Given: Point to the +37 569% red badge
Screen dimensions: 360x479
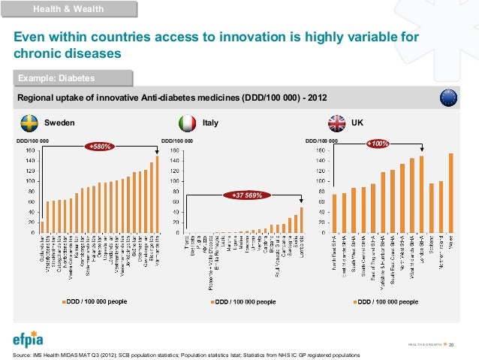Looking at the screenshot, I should [x=246, y=195].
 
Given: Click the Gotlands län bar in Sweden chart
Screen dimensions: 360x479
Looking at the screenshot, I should [x=43, y=227].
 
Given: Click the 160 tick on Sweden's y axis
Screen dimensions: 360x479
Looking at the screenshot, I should [x=29, y=150].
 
